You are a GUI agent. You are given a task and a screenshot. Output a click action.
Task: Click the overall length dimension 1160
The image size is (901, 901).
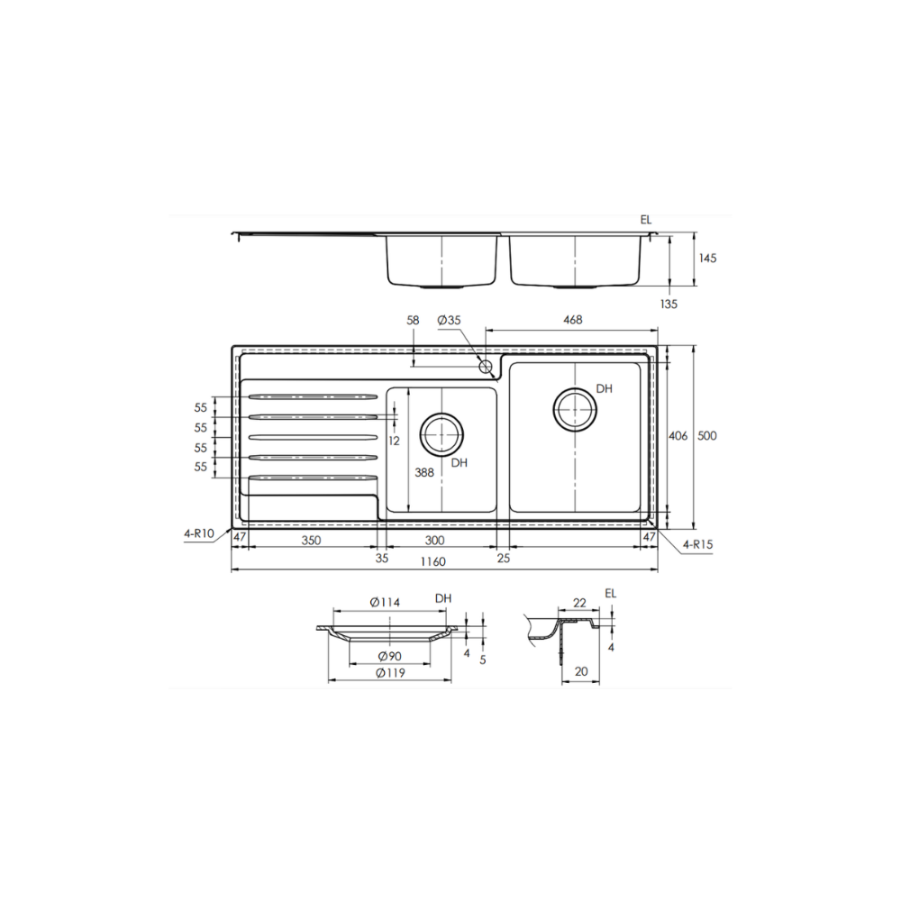pyautogui.click(x=433, y=562)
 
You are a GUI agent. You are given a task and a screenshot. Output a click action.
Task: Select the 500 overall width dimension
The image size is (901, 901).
pyautogui.click(x=707, y=436)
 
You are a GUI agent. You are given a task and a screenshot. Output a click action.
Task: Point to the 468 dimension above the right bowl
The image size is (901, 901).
pyautogui.click(x=572, y=320)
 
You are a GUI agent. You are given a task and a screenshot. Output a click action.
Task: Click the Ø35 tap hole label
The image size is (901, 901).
pyautogui.click(x=448, y=321)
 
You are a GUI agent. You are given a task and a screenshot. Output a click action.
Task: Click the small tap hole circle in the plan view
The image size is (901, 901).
pyautogui.click(x=486, y=366)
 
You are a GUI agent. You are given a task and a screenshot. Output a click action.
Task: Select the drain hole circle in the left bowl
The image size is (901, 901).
pyautogui.click(x=442, y=434)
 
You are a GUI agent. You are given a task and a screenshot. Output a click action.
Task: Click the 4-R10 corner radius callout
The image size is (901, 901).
pyautogui.click(x=198, y=533)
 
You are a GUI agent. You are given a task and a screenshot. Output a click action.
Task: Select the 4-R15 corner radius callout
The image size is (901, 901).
pyautogui.click(x=698, y=545)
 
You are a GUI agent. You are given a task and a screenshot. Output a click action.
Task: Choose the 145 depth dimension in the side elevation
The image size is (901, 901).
pyautogui.click(x=707, y=259)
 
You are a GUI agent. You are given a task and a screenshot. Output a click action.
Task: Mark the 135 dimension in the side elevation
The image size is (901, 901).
pyautogui.click(x=668, y=305)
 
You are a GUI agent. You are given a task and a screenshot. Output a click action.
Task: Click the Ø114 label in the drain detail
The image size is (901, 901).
pyautogui.click(x=385, y=602)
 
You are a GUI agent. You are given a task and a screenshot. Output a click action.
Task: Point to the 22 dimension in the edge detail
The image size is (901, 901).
pyautogui.click(x=579, y=602)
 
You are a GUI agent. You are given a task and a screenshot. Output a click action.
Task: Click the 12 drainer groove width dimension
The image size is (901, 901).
pyautogui.click(x=394, y=441)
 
